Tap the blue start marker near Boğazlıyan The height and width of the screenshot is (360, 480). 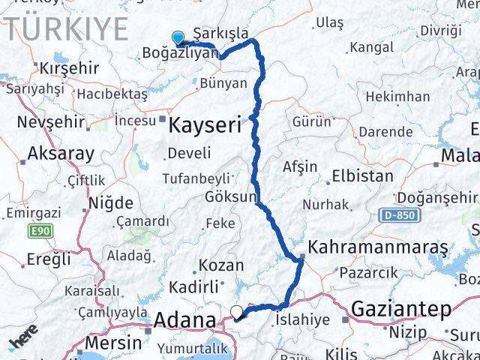(x=178, y=37)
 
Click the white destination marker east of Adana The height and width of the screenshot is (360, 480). (x=237, y=312)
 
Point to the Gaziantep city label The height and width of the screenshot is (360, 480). (x=401, y=308)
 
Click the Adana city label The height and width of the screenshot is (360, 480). (x=184, y=322)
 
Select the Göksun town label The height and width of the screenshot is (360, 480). (x=230, y=196)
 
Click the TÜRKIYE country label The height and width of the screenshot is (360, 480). (x=69, y=28)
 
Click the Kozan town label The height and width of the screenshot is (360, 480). (x=221, y=265)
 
